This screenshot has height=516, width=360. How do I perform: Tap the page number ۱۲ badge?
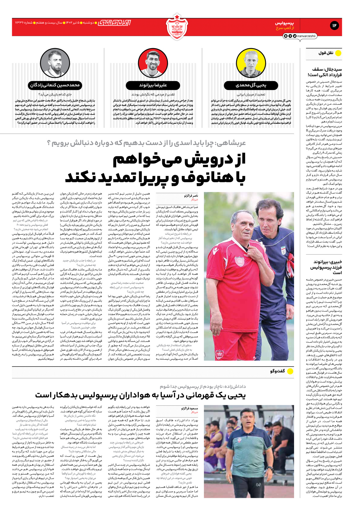(334, 26)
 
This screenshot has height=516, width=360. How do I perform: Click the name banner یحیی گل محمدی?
(251, 85)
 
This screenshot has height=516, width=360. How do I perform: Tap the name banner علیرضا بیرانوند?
(153, 85)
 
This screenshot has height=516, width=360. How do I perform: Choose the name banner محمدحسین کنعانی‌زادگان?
(55, 85)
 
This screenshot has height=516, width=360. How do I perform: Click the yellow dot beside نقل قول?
(338, 53)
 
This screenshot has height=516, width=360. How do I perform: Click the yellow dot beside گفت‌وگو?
(290, 371)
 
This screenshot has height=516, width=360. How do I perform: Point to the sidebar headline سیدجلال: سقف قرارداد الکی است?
(325, 72)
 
